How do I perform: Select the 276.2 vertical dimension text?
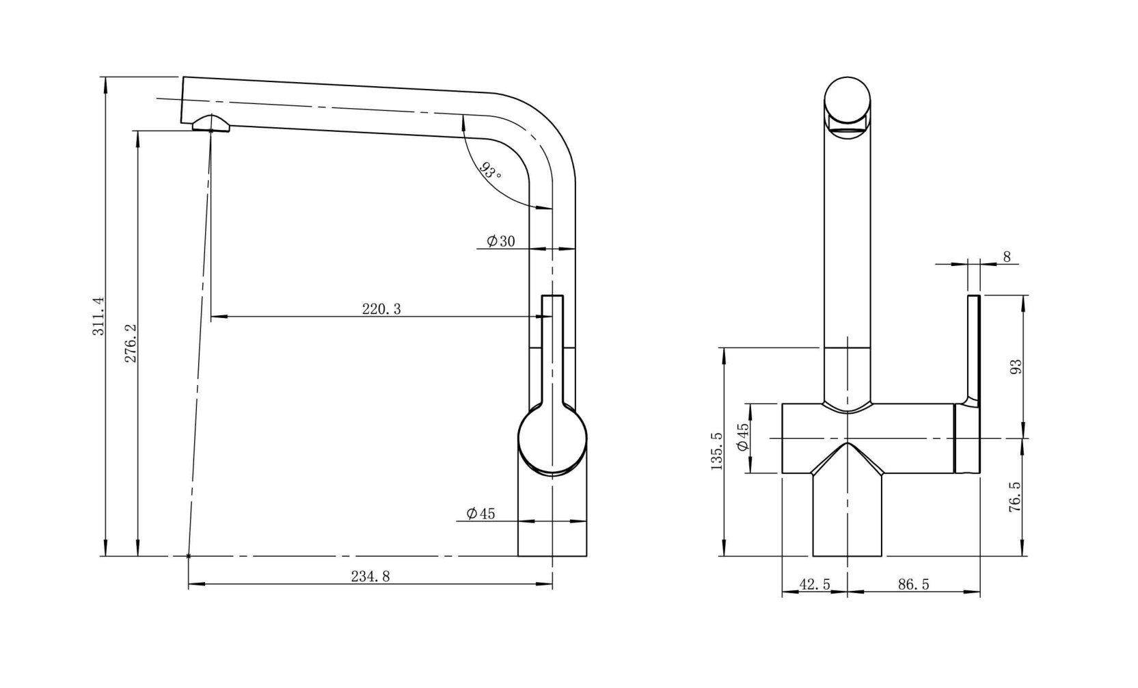[131, 344]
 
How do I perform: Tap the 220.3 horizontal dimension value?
[381, 309]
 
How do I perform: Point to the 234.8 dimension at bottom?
[370, 577]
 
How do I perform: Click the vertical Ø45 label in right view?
[743, 438]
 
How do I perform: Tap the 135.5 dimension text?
[716, 451]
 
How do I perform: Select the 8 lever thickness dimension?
[1006, 257]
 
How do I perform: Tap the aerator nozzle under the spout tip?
[211, 122]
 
